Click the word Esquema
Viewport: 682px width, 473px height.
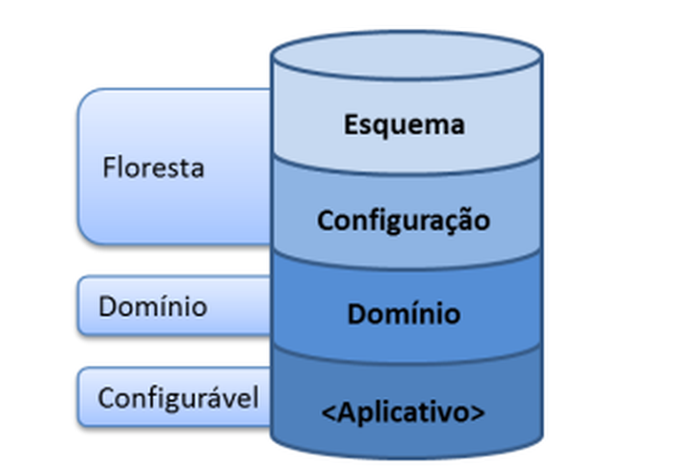click(405, 124)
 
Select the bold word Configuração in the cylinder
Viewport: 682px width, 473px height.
click(404, 220)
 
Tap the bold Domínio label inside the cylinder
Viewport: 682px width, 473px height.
click(404, 314)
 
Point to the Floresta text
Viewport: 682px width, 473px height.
click(153, 168)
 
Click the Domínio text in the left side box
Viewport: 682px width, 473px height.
click(152, 306)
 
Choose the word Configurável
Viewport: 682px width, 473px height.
click(179, 397)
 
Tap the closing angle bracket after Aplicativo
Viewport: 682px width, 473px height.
click(477, 412)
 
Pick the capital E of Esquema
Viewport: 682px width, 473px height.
click(351, 124)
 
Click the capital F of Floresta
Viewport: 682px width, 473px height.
click(109, 168)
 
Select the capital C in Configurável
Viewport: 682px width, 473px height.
click(106, 397)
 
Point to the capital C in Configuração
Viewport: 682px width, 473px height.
click(326, 220)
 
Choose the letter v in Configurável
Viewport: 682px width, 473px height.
click(231, 398)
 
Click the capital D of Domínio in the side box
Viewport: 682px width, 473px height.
click(107, 306)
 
